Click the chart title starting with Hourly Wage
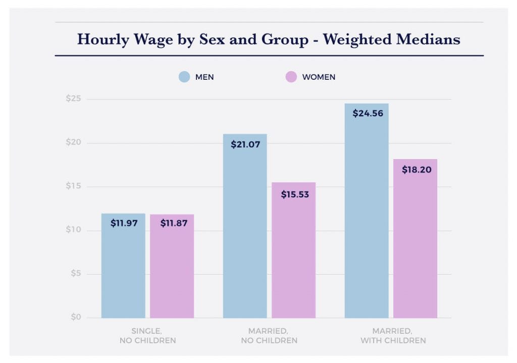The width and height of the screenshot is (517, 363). click(269, 39)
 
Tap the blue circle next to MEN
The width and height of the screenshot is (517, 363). click(184, 77)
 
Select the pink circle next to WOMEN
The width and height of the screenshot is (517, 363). click(291, 77)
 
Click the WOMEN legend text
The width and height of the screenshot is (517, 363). click(319, 77)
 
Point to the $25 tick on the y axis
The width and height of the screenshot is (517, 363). click(73, 99)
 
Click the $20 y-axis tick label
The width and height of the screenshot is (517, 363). click(73, 143)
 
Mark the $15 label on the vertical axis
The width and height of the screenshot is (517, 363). click(73, 187)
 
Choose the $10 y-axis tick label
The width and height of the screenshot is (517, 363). click(73, 230)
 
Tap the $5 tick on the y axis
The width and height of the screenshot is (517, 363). click(75, 274)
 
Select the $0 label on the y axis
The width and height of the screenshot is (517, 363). click(75, 318)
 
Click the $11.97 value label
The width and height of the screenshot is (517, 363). click(124, 223)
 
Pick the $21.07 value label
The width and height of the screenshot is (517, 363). click(245, 144)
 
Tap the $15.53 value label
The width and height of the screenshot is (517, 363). click(294, 194)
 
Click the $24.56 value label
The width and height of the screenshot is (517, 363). click(367, 114)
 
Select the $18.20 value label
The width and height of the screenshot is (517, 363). click(417, 170)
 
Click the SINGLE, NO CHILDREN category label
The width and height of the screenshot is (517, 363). click(147, 336)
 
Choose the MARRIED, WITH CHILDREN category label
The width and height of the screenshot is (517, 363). click(392, 336)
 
